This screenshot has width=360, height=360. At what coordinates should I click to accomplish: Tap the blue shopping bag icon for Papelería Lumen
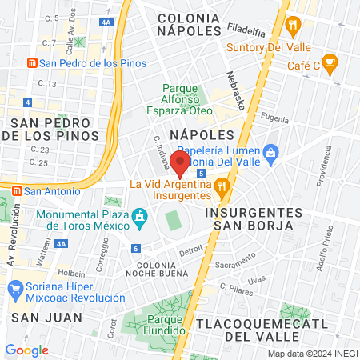[271, 150]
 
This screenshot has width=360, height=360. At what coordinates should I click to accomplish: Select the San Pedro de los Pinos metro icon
[31, 63]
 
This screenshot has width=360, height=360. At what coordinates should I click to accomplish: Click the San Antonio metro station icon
[16, 191]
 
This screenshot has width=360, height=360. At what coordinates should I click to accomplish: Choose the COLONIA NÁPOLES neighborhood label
[189, 24]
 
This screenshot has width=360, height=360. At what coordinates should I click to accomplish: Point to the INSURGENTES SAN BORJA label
[253, 220]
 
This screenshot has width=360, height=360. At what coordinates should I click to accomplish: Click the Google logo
[27, 350]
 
